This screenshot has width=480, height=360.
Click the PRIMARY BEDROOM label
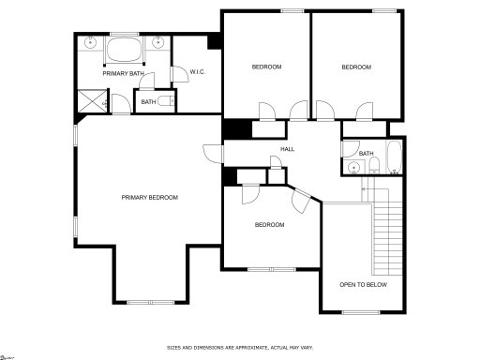pos(149,197)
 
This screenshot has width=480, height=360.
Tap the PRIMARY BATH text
pos(123,72)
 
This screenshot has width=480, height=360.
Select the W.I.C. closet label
pos(198,72)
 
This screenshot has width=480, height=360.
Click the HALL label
pos(287,148)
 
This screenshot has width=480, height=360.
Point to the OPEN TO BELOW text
pos(363,284)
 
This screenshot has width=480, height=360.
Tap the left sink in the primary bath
pos(90,43)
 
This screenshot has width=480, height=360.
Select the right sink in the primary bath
pos(157,43)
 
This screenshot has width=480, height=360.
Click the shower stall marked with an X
pos(91,99)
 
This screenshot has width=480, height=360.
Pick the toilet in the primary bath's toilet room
pos(165,101)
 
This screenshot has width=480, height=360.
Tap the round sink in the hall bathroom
pos(353,168)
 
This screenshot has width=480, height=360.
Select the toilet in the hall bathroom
pos(372,168)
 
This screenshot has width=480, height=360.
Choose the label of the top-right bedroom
pos(356,67)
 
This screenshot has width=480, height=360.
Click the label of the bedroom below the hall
pos(270,225)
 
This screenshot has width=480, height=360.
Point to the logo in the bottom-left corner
pos(8,356)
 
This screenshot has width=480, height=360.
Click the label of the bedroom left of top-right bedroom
pos(266,67)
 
